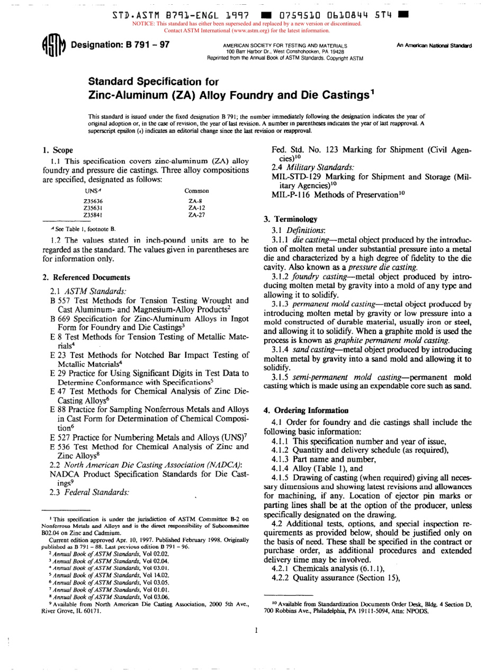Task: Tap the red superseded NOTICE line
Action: pyautogui.click(x=248, y=24)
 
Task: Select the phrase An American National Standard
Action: pyautogui.click(x=434, y=46)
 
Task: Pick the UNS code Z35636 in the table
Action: pyautogui.click(x=93, y=201)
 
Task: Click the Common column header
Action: pyautogui.click(x=196, y=191)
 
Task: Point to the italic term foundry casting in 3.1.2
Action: pyautogui.click(x=324, y=277)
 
